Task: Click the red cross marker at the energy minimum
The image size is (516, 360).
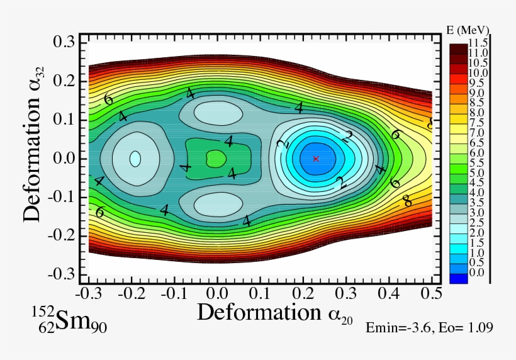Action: tap(316, 159)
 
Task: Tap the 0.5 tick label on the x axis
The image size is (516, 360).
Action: tap(432, 294)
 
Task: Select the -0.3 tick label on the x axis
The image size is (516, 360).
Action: tap(87, 294)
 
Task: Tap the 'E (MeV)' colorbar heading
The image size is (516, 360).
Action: tap(469, 30)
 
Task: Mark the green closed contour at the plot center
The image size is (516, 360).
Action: tap(215, 158)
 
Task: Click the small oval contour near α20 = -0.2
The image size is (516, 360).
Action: tap(135, 158)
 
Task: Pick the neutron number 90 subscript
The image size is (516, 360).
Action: tap(100, 327)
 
